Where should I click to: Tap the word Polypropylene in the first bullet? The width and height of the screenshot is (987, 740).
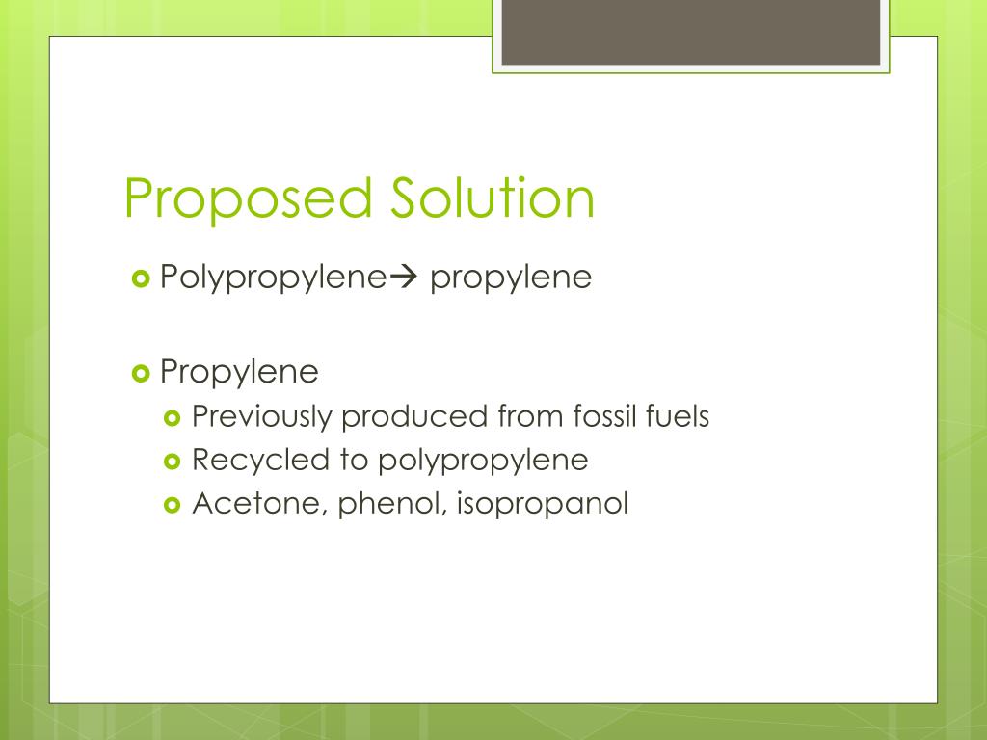273,278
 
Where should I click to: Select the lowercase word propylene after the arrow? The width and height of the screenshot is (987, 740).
510,279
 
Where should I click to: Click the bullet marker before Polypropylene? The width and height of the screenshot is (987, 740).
140,279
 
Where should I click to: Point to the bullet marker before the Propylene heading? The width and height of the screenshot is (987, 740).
140,372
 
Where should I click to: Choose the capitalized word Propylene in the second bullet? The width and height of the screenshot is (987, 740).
239,372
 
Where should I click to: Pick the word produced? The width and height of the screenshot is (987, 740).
414,417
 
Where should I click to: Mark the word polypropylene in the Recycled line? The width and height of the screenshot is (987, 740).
482,462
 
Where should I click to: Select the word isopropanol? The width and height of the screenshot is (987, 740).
543,504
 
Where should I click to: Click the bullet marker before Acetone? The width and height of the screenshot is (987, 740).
173,504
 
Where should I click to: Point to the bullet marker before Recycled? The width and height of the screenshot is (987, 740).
173,462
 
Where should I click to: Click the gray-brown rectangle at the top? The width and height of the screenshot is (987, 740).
691,32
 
